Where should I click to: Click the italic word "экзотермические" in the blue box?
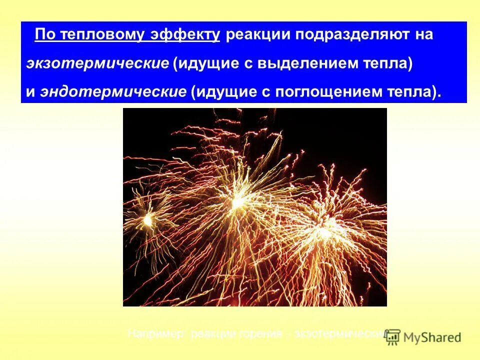(x=98, y=63)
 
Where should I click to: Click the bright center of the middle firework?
(x=236, y=201)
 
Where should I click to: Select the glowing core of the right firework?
(x=324, y=232)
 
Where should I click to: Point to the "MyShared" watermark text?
(x=433, y=337)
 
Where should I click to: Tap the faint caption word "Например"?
(x=156, y=333)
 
